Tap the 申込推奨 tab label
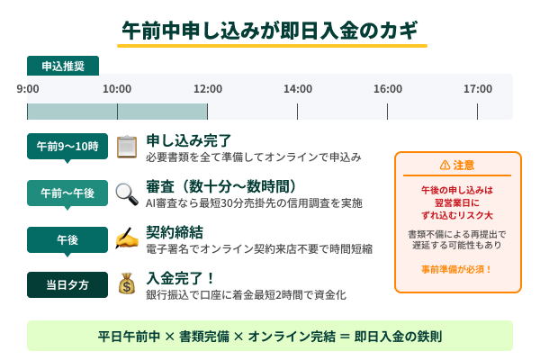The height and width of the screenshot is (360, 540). click(63, 66)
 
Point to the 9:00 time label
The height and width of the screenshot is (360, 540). click(28, 88)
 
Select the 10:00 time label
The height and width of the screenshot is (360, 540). click(117, 88)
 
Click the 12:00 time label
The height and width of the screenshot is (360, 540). click(208, 88)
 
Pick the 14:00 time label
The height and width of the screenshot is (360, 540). click(298, 88)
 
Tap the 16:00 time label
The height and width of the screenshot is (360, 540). click(388, 88)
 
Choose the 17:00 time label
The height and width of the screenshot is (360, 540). click(478, 88)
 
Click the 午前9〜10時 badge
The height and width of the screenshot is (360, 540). click(67, 146)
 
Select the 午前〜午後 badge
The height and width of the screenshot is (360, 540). click(67, 193)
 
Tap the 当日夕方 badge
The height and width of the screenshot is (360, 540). click(67, 284)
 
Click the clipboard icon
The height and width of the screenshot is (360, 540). click(127, 146)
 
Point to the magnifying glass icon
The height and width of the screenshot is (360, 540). click(127, 193)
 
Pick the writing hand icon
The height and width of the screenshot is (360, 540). click(127, 238)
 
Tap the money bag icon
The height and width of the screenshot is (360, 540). click(127, 284)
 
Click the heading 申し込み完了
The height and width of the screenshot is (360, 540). click(189, 140)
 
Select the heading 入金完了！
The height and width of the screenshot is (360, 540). click(181, 278)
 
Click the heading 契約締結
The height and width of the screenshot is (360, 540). click(175, 232)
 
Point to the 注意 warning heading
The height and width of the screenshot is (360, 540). click(457, 166)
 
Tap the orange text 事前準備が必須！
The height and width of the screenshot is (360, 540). click(457, 269)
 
